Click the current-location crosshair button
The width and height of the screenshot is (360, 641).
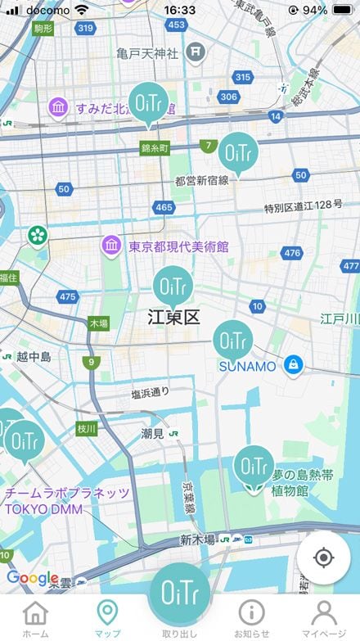(323, 558)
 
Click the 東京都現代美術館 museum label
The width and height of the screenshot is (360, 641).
(178, 246)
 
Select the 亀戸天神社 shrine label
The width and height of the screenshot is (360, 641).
(146, 54)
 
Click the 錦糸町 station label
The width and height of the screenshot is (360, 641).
(154, 149)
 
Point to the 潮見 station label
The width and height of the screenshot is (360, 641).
(153, 433)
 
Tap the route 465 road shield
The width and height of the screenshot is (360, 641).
(164, 208)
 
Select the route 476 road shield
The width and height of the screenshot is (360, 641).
(292, 254)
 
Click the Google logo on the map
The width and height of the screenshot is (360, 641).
(33, 578)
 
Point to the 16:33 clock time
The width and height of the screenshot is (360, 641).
(179, 10)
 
